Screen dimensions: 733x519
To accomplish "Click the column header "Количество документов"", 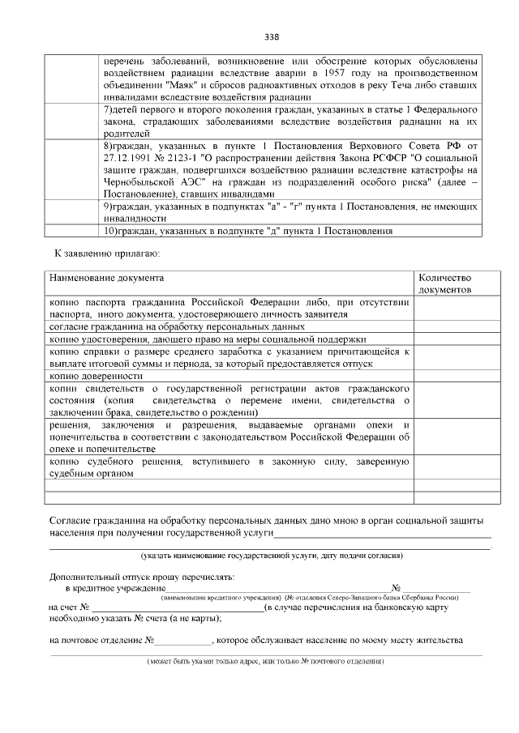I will tap(444, 283).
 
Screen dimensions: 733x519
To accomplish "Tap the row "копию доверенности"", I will tap(96, 376).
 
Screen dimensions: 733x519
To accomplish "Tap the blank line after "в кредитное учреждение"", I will tap(276, 587).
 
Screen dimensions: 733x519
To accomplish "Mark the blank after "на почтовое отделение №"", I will tap(183, 640).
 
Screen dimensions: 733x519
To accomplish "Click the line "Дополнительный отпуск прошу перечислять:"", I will tap(141, 577).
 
